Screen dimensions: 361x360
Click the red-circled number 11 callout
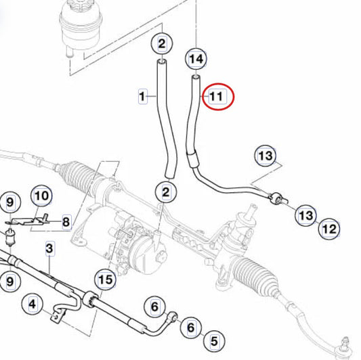(217, 96)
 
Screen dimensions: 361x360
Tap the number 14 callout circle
(196, 59)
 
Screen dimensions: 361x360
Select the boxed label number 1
(143, 96)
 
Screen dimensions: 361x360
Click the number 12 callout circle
(329, 229)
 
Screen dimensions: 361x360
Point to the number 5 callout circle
(214, 340)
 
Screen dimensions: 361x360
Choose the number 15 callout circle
(105, 279)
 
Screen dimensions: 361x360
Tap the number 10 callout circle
(41, 196)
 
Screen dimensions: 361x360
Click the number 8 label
(66, 222)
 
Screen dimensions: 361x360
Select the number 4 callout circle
(33, 304)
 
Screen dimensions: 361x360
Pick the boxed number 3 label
(49, 248)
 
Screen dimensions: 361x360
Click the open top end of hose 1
(162, 62)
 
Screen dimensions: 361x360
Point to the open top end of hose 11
(196, 77)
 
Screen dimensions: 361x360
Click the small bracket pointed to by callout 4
(56, 317)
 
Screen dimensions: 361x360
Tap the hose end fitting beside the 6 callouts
(173, 316)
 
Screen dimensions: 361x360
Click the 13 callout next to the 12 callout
(305, 216)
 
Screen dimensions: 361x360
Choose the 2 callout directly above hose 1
(162, 44)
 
